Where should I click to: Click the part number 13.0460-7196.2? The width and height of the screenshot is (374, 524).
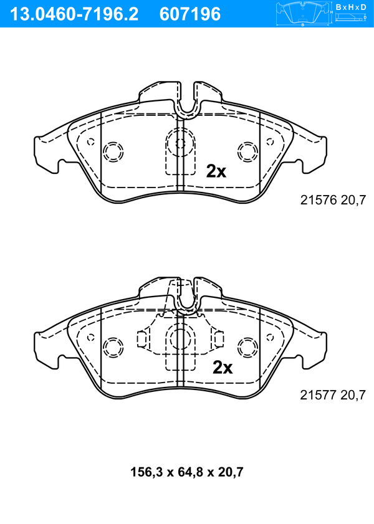click(x=74, y=14)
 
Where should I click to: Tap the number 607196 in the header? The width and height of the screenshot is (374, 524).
click(x=190, y=14)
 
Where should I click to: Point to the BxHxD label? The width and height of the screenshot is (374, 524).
click(x=351, y=7)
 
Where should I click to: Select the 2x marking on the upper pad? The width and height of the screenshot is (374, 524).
click(x=216, y=171)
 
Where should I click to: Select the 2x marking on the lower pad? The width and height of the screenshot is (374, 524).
click(x=223, y=368)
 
